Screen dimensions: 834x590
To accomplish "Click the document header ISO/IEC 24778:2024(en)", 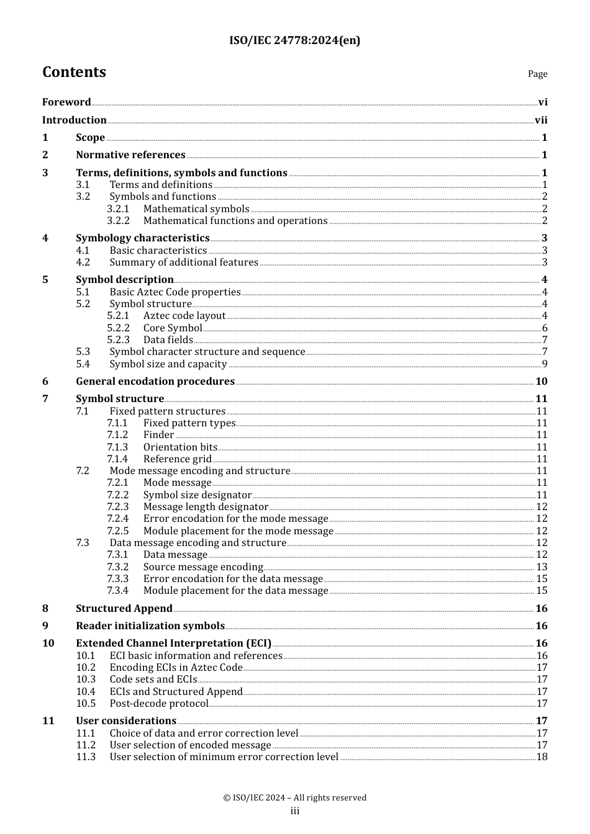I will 294,41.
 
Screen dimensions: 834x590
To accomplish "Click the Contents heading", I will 74,72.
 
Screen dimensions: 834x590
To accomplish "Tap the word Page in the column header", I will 537,74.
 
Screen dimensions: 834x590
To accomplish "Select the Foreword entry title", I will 66,102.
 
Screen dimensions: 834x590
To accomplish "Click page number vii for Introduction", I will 541,120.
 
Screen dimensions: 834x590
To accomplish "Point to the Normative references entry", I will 130,155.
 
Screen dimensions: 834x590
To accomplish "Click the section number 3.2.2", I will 118,221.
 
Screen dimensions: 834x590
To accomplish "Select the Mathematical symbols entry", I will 196,209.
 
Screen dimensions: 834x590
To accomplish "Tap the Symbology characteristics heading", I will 142,238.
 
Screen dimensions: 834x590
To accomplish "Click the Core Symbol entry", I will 172,328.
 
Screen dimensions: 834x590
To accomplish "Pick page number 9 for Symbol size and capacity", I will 545,364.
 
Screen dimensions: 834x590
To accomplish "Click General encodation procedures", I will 155,382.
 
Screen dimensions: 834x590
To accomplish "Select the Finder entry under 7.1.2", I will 158,435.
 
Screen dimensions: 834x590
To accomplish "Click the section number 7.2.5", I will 118,531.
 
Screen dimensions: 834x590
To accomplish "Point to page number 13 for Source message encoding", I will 542,567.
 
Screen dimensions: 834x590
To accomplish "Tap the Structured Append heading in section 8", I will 124,609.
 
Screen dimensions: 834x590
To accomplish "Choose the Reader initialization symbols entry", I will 150,626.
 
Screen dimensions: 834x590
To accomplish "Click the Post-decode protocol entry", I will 158,704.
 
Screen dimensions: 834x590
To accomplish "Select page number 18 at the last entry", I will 542,757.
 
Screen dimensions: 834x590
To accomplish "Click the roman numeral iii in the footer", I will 295,811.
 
